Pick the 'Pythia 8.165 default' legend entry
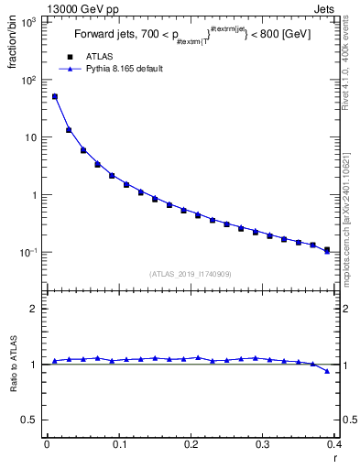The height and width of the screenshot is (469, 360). pos(111,69)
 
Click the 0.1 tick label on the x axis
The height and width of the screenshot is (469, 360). pos(119,444)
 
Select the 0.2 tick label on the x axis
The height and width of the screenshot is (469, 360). pos(191,444)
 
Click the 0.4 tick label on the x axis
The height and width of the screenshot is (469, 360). pos(334,444)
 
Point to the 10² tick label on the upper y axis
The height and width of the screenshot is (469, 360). pos(29,80)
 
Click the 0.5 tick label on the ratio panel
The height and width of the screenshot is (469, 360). pos(32,420)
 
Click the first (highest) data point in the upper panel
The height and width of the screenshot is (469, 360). pos(55,96)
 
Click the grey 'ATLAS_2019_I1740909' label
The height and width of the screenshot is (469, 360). pos(191,273)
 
